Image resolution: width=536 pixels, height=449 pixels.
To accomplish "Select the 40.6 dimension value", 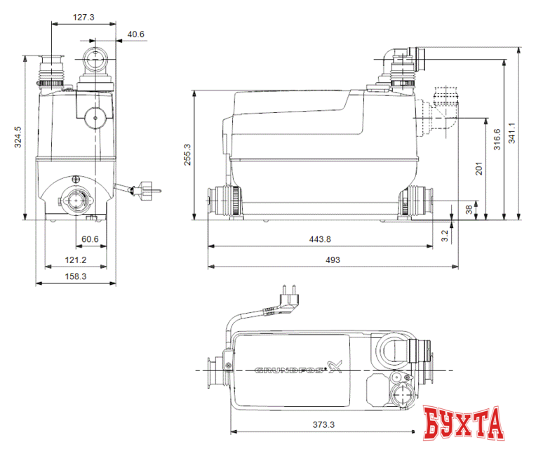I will [135, 34].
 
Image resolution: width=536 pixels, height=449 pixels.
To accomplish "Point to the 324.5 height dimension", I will [19, 137].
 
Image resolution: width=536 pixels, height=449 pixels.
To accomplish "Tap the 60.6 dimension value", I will [90, 239].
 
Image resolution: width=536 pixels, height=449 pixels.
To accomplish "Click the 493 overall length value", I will [333, 260].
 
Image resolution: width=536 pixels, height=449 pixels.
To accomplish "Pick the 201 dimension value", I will [478, 168].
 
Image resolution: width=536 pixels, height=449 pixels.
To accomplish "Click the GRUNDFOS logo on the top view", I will [290, 369].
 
